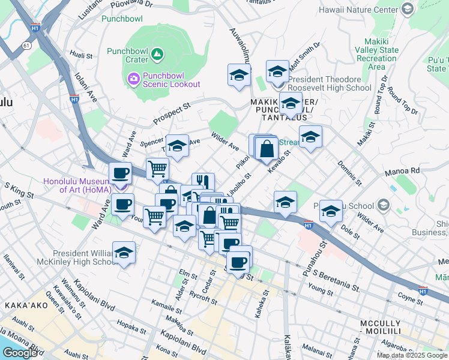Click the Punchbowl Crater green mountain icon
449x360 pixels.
[x=157, y=55]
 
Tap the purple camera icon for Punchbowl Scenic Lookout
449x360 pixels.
[x=133, y=78]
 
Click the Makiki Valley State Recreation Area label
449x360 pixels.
[x=376, y=55]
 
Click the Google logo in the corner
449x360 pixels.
[x=20, y=353]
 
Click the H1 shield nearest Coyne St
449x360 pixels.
[x=422, y=291]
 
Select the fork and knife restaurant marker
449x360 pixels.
[x=203, y=182]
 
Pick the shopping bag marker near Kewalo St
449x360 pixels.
[x=267, y=148]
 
